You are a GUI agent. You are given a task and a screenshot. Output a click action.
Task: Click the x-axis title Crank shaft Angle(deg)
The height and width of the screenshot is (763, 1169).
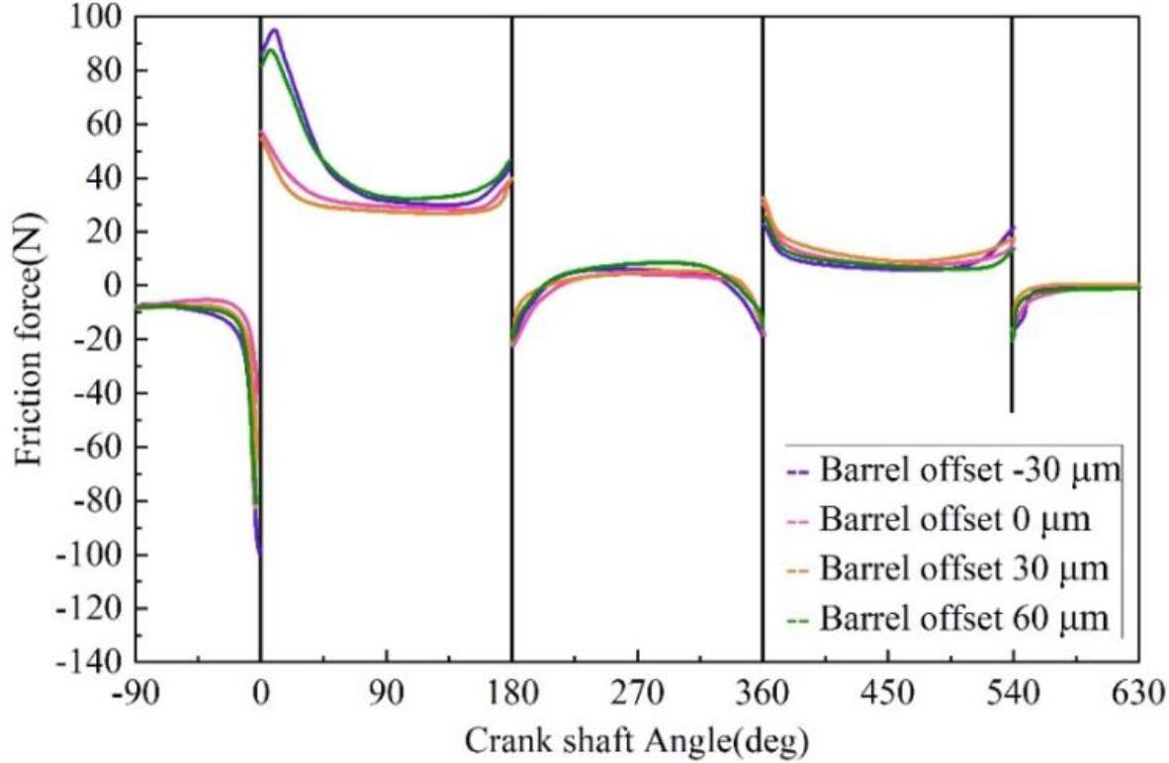point(638,738)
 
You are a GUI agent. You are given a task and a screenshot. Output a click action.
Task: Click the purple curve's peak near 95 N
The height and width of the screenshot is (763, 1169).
point(274,30)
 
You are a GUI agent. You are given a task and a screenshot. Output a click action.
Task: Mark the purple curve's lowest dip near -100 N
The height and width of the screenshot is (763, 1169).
point(259,553)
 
